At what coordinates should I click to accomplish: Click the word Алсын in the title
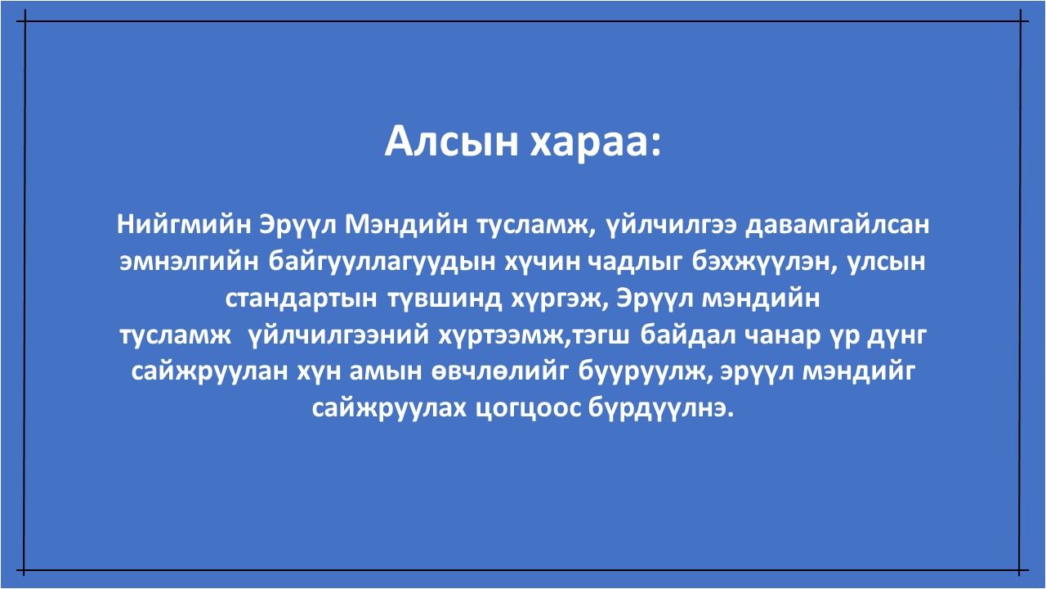tap(452, 142)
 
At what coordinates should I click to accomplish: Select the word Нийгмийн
tap(184, 224)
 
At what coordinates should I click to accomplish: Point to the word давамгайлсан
tap(837, 225)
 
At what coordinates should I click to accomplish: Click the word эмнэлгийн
tap(189, 262)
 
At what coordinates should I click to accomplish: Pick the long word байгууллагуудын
tap(382, 263)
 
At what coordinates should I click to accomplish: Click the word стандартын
tap(302, 299)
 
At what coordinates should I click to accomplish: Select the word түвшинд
tap(445, 299)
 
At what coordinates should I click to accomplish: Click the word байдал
tap(686, 335)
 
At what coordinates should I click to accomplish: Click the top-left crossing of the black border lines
tap(25, 21)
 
